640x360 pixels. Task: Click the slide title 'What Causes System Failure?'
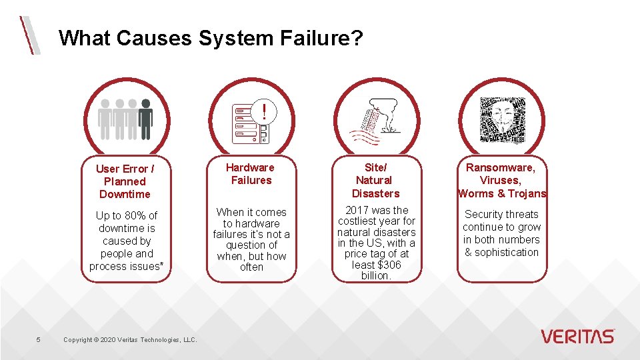click(x=211, y=37)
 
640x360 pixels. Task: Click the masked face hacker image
click(x=502, y=120)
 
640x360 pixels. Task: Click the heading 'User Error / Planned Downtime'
click(x=125, y=181)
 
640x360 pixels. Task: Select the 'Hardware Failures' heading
click(x=250, y=174)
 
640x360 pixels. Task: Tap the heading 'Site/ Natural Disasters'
click(x=375, y=180)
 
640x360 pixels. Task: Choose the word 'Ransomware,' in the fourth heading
click(x=501, y=167)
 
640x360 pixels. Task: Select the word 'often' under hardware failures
click(x=251, y=267)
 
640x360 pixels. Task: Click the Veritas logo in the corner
click(x=577, y=336)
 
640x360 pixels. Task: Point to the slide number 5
click(x=38, y=340)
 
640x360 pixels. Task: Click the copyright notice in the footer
click(x=130, y=340)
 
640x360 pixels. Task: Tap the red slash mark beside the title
click(x=29, y=35)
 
